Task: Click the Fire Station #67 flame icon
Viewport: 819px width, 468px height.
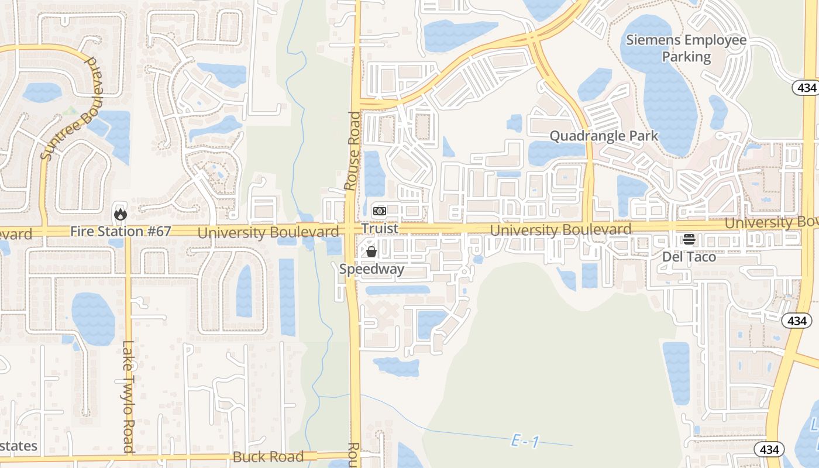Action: [121, 214]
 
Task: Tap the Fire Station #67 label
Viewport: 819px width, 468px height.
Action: [121, 232]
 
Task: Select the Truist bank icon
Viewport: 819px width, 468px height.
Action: [380, 211]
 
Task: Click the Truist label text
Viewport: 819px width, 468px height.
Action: [380, 228]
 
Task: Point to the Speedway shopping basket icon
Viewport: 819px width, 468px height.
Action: [371, 252]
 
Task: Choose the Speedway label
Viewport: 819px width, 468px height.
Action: [371, 270]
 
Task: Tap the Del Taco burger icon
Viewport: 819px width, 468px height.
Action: [689, 239]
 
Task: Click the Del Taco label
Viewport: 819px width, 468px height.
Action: [689, 257]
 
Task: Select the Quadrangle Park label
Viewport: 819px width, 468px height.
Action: [604, 136]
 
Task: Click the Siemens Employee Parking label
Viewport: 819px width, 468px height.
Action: [686, 49]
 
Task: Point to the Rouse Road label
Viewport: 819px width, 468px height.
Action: [353, 151]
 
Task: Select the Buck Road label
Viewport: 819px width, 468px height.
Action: [269, 456]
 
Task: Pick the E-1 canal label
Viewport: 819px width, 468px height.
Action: [525, 442]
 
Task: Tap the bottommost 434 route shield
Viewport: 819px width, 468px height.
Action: [770, 449]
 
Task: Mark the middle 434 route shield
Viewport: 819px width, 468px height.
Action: [797, 321]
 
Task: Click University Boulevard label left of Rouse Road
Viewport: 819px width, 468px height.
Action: [268, 232]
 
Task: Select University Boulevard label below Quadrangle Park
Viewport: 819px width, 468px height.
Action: [560, 230]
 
